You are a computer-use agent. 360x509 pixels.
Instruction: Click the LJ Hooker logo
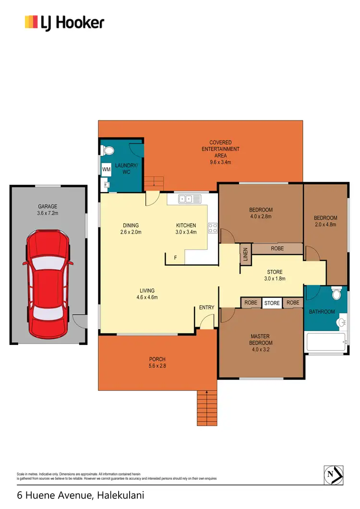[64, 22]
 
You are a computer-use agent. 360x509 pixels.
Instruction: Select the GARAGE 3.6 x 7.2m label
[48, 210]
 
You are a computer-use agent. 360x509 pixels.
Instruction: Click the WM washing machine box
[106, 169]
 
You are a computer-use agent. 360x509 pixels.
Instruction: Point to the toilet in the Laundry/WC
[108, 151]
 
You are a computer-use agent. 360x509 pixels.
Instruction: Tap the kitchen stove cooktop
[212, 228]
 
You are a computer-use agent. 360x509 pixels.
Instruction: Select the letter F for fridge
[175, 258]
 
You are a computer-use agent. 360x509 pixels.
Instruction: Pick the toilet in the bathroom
[337, 293]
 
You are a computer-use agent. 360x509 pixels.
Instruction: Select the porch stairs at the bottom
[206, 407]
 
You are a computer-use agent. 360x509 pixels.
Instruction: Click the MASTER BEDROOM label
[261, 340]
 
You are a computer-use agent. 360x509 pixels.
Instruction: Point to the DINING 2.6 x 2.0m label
[131, 229]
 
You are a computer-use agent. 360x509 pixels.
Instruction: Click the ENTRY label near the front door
[206, 308]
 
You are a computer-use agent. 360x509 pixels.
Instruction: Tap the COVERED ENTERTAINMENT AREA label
[220, 152]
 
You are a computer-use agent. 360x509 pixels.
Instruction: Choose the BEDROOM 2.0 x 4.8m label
[326, 221]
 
